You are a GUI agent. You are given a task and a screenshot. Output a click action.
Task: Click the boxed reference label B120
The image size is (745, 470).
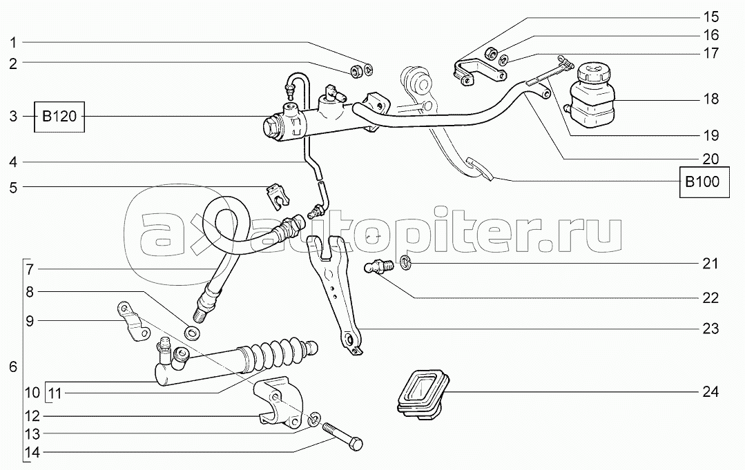(60, 117)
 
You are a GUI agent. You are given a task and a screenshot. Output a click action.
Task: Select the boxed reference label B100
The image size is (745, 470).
(702, 183)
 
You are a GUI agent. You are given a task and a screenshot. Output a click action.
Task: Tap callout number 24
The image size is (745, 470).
(710, 392)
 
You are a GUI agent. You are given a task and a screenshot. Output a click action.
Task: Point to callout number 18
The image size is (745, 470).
(710, 99)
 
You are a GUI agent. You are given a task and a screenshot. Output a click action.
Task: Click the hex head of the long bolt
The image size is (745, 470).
(354, 445)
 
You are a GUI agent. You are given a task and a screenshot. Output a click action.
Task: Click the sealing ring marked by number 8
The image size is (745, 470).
(193, 334)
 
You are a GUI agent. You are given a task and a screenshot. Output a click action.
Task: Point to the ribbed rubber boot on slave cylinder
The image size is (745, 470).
(280, 352)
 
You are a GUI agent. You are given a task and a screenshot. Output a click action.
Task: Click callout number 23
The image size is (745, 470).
(710, 329)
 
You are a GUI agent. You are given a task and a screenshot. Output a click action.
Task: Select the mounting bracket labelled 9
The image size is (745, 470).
(133, 322)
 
